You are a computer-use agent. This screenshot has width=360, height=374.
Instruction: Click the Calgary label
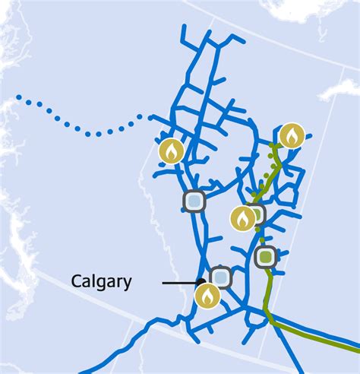click(101, 282)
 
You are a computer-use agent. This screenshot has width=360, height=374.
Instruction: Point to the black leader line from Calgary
click(182, 283)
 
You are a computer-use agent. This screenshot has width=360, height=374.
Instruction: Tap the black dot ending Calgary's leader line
click(203, 283)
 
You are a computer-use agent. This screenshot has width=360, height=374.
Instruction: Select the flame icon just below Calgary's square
click(207, 296)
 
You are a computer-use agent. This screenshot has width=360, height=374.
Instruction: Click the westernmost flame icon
click(171, 151)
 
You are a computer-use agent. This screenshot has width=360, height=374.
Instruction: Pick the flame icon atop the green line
click(291, 136)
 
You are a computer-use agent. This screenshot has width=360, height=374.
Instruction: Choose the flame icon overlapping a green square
click(242, 219)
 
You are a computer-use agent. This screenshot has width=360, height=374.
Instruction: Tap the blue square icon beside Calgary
click(220, 277)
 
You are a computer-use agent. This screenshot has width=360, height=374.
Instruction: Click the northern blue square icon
click(194, 201)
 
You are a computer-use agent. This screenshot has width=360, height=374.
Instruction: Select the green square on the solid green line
click(265, 258)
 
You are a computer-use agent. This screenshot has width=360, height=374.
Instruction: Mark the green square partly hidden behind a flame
click(257, 214)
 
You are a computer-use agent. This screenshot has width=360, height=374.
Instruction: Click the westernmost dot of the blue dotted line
click(19, 98)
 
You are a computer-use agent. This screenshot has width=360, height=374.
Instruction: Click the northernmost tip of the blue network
click(184, 27)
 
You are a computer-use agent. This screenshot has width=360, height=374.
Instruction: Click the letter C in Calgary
click(76, 282)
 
